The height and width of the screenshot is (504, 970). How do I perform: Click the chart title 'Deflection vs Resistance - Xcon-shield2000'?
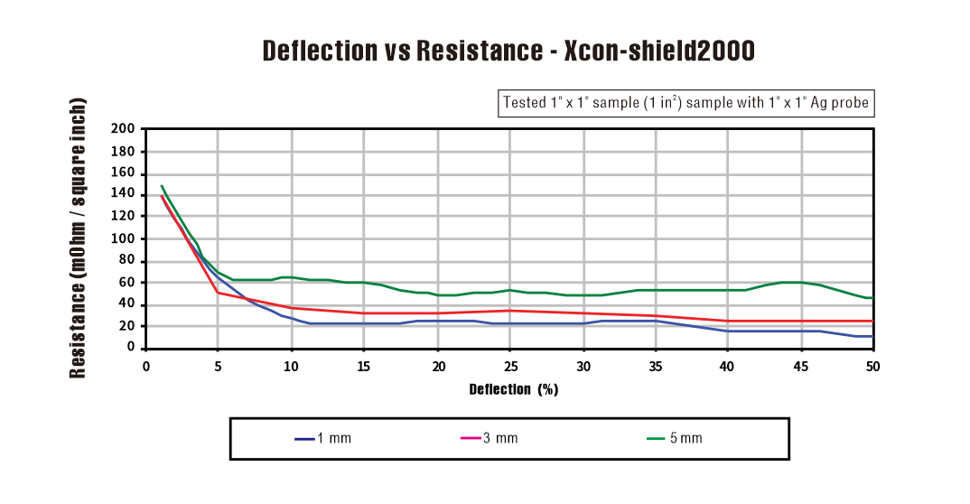(508, 51)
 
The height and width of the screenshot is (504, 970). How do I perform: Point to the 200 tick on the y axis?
(125, 129)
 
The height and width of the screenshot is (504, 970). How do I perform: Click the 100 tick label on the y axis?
(125, 238)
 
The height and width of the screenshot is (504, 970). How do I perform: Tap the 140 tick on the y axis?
(125, 195)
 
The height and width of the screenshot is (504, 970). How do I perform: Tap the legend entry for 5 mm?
(675, 439)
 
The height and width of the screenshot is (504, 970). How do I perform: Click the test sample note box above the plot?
(686, 103)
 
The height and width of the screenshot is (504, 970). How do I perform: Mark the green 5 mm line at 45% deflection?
(800, 282)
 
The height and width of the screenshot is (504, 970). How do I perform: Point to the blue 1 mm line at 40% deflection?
(728, 331)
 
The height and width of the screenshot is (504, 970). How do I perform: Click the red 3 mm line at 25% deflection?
(510, 311)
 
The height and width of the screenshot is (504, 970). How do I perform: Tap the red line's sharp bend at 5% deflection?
(218, 292)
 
